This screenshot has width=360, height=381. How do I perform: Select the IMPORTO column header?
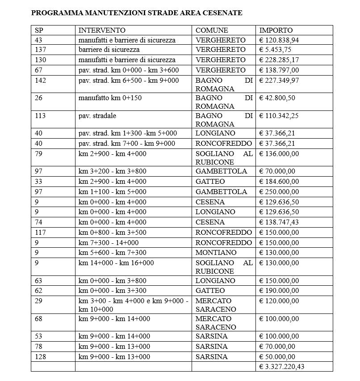pos(276,30)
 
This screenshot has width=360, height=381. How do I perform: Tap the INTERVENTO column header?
pos(102,30)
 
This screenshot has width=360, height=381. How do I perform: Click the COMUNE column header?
pos(212,30)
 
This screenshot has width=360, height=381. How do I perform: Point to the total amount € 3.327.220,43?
pos(282,367)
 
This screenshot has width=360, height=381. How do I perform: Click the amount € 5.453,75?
pos(276,50)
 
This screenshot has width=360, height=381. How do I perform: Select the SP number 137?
pos(40,50)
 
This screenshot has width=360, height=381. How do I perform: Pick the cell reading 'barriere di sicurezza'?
pos(109,50)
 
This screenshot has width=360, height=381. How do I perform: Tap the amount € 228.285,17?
pos(279,60)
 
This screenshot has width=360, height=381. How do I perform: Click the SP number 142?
pos(40,80)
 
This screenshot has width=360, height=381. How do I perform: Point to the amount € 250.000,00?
pos(279,192)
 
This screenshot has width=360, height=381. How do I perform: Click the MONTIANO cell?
pos(216,253)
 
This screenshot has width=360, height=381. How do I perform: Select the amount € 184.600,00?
pos(279,182)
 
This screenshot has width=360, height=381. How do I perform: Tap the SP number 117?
pos(40,233)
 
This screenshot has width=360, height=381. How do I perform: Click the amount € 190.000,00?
pos(279,291)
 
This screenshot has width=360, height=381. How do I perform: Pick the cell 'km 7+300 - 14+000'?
pos(109,243)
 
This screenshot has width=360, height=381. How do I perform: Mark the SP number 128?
pos(40,357)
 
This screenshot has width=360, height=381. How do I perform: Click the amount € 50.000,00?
pos(277,357)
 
